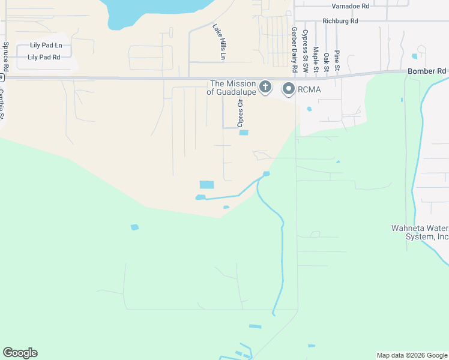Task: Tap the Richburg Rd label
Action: (x=340, y=21)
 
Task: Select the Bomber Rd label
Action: (x=427, y=71)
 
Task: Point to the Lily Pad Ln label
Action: (x=47, y=46)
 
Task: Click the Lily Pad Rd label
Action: (x=44, y=58)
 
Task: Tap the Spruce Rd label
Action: (x=6, y=53)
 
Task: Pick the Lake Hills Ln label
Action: (x=219, y=41)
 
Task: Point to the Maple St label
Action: (x=315, y=61)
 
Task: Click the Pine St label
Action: (x=337, y=61)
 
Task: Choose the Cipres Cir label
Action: (x=240, y=113)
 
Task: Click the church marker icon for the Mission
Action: (x=265, y=88)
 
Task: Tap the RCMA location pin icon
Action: (x=289, y=89)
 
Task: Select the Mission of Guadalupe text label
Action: (x=231, y=88)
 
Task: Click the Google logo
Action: (x=20, y=353)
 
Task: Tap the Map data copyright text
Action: (x=412, y=355)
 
